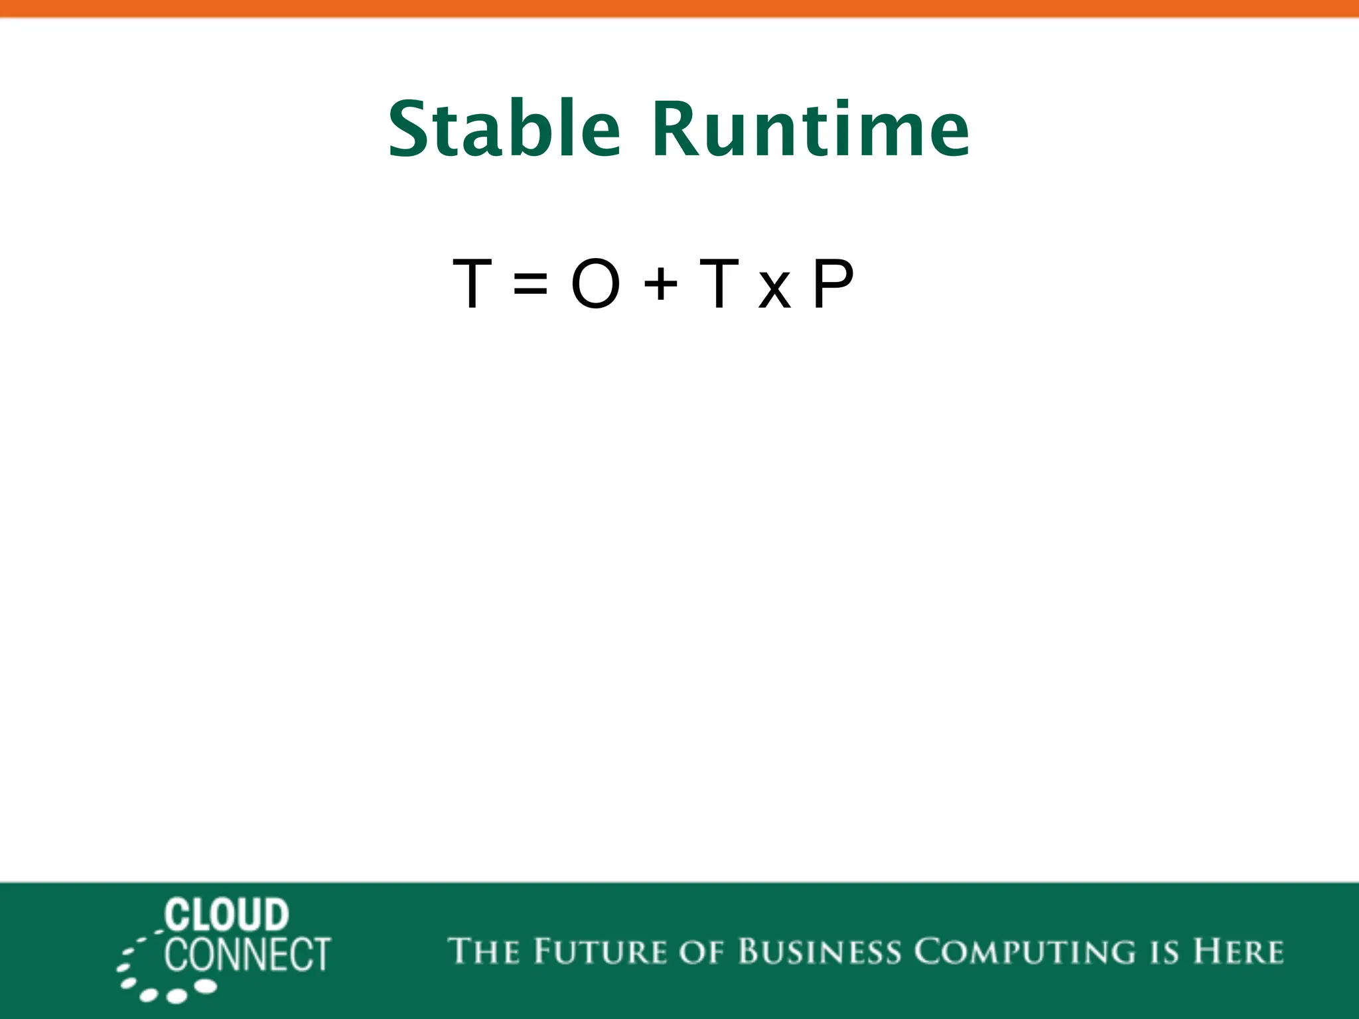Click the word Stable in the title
[x=504, y=129]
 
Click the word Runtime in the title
[x=811, y=129]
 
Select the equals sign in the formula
[x=530, y=285]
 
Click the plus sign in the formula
[x=660, y=285]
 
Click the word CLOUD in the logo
[x=227, y=916]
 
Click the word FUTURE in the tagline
[x=601, y=951]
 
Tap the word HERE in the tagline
[x=1239, y=951]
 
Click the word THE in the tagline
[x=484, y=951]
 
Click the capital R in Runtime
[x=676, y=129]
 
